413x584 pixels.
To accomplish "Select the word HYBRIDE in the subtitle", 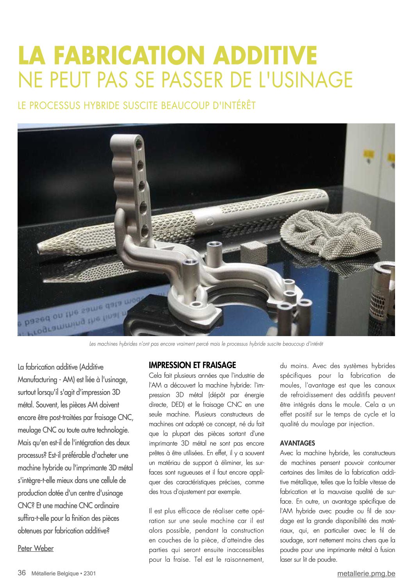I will coord(101,105).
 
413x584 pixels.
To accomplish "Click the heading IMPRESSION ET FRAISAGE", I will coord(192,365).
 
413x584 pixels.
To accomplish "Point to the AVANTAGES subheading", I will coord(297,443).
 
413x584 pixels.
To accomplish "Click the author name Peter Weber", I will coord(36,548).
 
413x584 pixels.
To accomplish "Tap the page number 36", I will coord(22,573).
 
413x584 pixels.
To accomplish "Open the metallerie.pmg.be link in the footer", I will coord(366,573).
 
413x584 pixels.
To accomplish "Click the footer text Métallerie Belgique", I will coord(55,573).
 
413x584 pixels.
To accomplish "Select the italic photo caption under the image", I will coord(206,344).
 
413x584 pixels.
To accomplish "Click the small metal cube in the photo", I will coord(253,250).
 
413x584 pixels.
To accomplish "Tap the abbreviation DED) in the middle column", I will coord(178,405).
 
